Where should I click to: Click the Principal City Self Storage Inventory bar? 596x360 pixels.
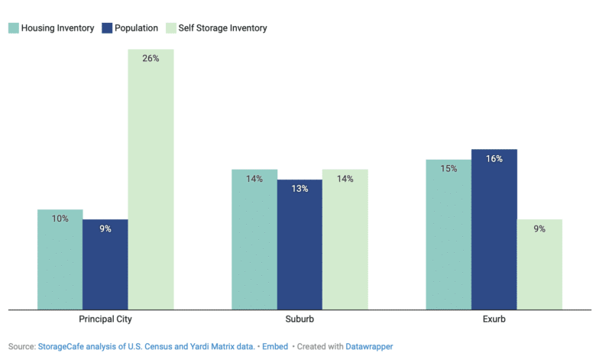151,180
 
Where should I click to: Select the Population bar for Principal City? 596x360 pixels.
105,264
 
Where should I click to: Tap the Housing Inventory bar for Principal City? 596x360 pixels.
60,260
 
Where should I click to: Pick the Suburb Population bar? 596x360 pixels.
300,245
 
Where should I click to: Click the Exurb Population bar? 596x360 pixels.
494,229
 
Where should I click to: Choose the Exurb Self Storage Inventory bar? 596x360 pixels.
539,264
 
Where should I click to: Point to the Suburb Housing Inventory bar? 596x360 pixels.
254,239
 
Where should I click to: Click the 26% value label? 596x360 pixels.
151,58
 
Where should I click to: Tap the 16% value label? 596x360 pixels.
494,158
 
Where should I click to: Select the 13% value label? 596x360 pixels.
300,189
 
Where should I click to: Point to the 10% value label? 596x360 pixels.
60,219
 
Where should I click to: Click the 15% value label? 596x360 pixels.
449,168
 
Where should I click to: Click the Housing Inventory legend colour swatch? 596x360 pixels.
14,28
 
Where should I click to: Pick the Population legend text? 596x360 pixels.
136,28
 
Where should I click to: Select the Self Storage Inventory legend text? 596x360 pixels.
223,28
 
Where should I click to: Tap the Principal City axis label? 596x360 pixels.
105,319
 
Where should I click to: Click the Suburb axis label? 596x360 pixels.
300,319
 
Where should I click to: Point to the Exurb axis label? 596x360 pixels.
494,319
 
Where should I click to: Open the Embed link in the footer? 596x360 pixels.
275,347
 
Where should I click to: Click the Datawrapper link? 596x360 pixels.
369,347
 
